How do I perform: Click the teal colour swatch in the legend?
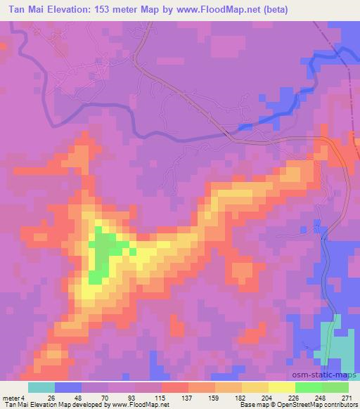[41, 387]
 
